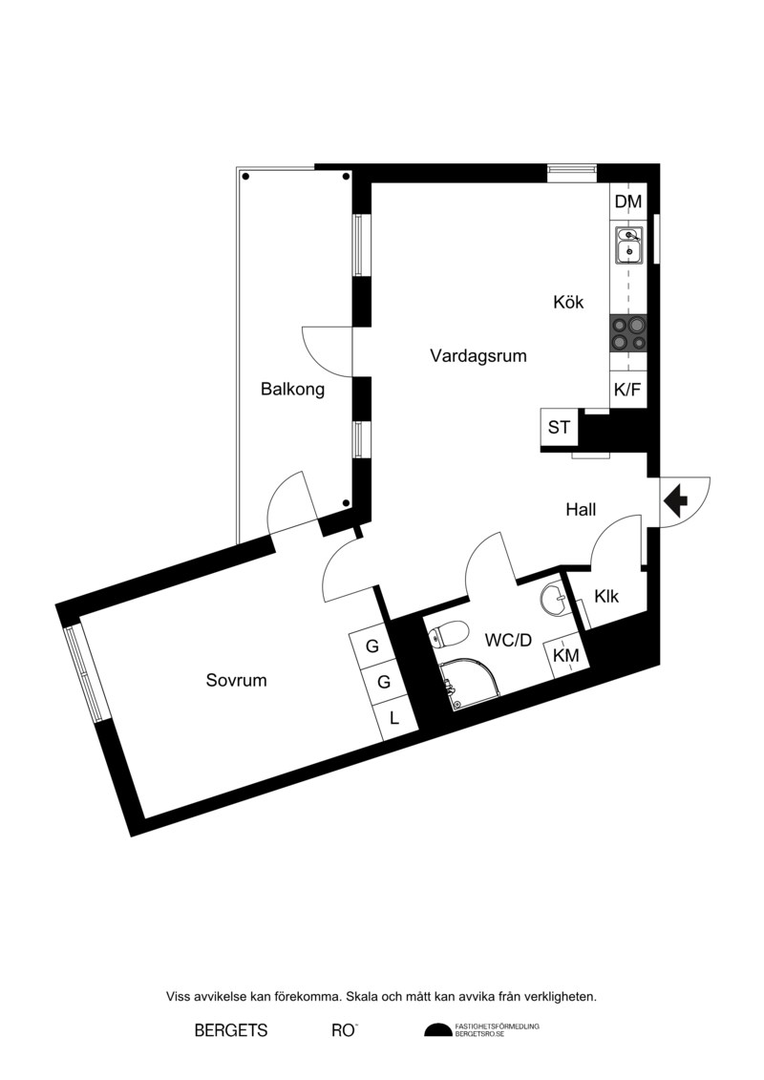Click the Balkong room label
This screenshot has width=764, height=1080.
(x=292, y=390)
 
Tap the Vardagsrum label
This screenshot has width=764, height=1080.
(x=478, y=356)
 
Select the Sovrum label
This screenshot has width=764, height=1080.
(x=236, y=681)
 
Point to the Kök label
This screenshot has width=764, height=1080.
(x=568, y=302)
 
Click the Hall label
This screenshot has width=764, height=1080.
(x=581, y=510)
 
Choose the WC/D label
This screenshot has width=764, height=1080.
(x=508, y=641)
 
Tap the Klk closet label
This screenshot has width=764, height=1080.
(x=607, y=597)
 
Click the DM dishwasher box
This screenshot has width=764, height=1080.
(x=628, y=201)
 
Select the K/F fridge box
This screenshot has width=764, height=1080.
(x=627, y=390)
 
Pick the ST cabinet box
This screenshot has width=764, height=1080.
(x=559, y=428)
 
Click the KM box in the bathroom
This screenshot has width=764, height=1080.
(x=566, y=655)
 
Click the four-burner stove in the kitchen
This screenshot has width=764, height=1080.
(x=628, y=333)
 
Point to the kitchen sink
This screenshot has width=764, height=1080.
(x=629, y=245)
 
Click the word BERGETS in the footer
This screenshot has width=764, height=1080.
(x=231, y=1031)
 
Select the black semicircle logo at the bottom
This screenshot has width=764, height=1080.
(x=438, y=1031)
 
